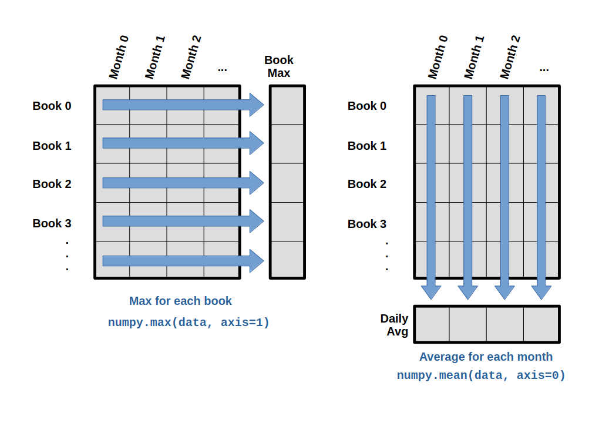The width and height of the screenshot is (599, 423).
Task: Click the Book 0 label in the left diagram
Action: click(x=52, y=106)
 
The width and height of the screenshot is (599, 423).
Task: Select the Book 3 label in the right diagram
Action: click(x=367, y=224)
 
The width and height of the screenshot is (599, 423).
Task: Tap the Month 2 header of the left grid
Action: click(x=191, y=56)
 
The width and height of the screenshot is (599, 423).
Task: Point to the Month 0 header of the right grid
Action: click(x=438, y=56)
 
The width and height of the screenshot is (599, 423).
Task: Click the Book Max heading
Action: click(x=279, y=66)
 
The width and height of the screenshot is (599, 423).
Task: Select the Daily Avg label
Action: click(x=394, y=325)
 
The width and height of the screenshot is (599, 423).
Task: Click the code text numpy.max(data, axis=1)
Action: click(x=189, y=323)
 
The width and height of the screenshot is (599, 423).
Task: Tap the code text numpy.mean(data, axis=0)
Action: click(x=481, y=375)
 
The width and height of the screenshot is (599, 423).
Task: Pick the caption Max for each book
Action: click(x=180, y=301)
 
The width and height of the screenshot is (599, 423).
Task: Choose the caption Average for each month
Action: click(x=486, y=357)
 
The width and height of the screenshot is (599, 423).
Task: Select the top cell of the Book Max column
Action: click(x=287, y=105)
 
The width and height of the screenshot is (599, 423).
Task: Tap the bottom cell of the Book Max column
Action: click(x=287, y=259)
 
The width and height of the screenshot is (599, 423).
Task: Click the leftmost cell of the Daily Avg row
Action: click(x=432, y=324)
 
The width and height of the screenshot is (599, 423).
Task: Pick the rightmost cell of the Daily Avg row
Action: click(x=541, y=324)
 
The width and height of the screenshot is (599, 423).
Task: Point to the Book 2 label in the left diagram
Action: click(x=52, y=184)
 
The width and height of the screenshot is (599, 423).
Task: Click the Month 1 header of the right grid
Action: click(x=474, y=56)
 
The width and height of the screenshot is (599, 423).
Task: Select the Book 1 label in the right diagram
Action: click(x=367, y=146)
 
